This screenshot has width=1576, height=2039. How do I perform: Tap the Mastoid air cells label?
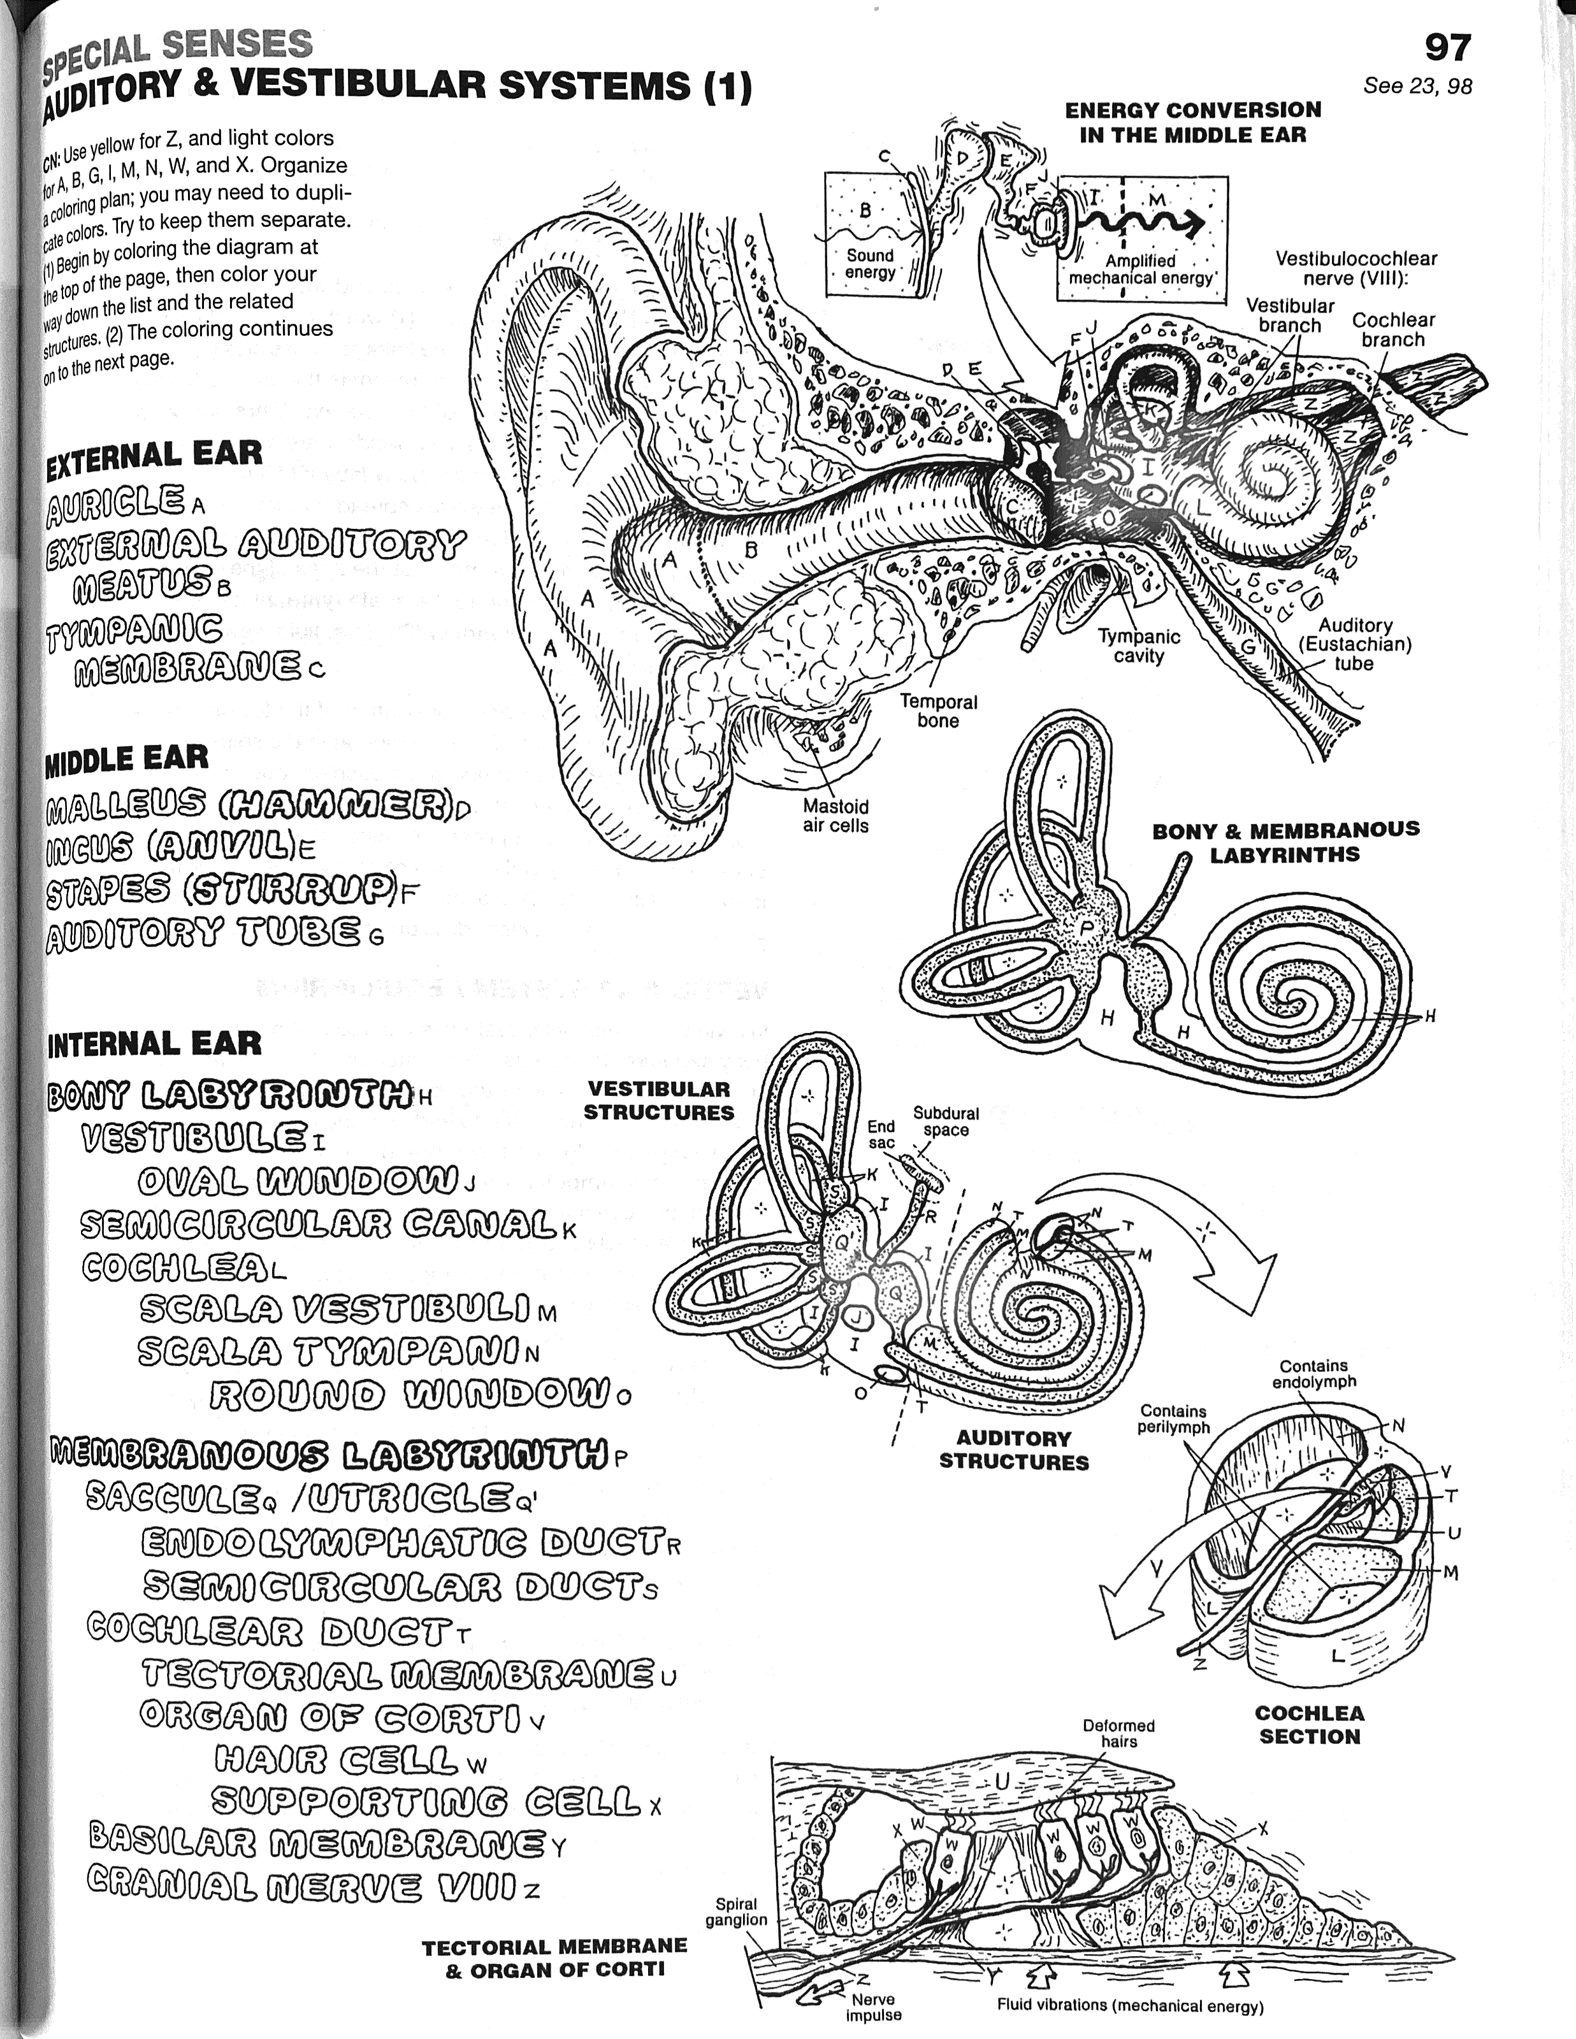(x=835, y=816)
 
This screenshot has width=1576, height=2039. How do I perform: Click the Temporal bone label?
(x=938, y=710)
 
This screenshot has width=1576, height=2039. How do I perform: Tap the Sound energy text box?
(x=869, y=263)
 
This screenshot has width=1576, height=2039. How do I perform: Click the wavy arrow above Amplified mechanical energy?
(x=1144, y=223)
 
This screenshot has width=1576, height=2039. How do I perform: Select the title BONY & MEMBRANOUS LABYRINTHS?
(x=1285, y=841)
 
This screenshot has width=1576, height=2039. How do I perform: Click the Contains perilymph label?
(x=1174, y=1419)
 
